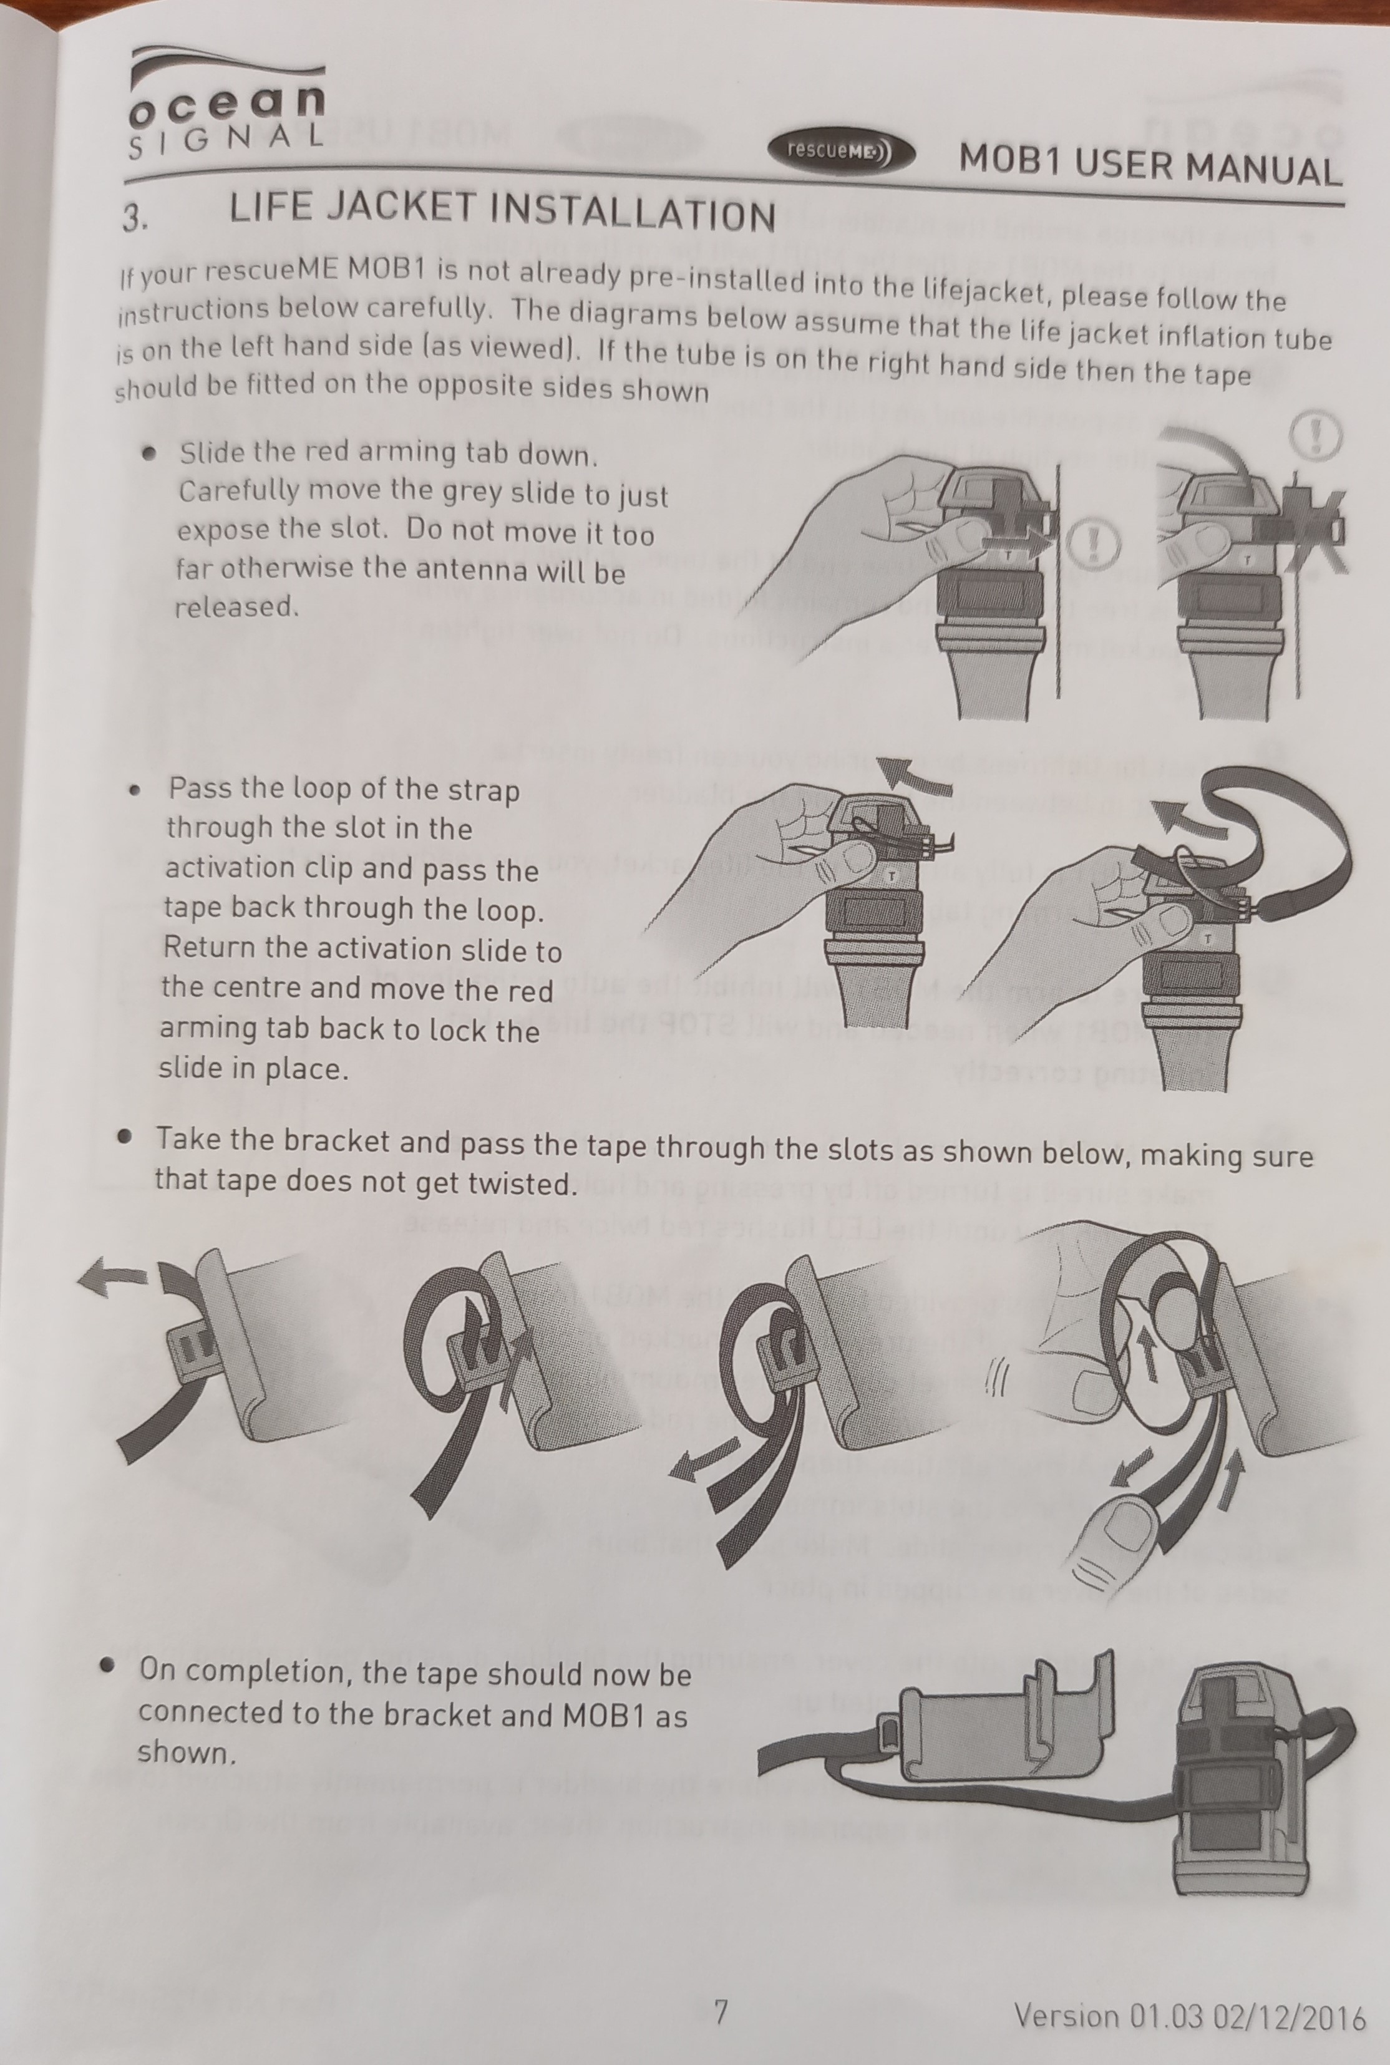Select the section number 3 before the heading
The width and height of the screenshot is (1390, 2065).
click(x=134, y=217)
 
